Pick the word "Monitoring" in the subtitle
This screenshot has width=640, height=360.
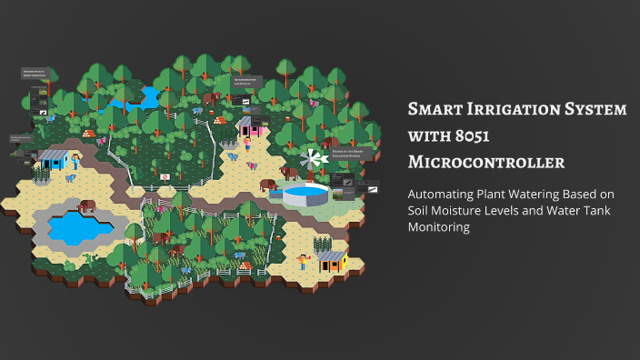click(x=438, y=228)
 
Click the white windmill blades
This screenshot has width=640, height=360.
click(x=315, y=158)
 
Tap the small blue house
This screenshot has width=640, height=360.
click(x=55, y=161)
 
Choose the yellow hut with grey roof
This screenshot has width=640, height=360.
click(x=330, y=262)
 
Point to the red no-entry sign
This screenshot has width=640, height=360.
click(x=165, y=175)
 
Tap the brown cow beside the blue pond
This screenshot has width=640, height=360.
click(x=87, y=205)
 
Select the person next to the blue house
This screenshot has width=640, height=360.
click(x=75, y=160)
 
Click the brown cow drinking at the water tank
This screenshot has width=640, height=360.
click(x=269, y=185)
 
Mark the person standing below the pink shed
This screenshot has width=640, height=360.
click(x=246, y=145)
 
